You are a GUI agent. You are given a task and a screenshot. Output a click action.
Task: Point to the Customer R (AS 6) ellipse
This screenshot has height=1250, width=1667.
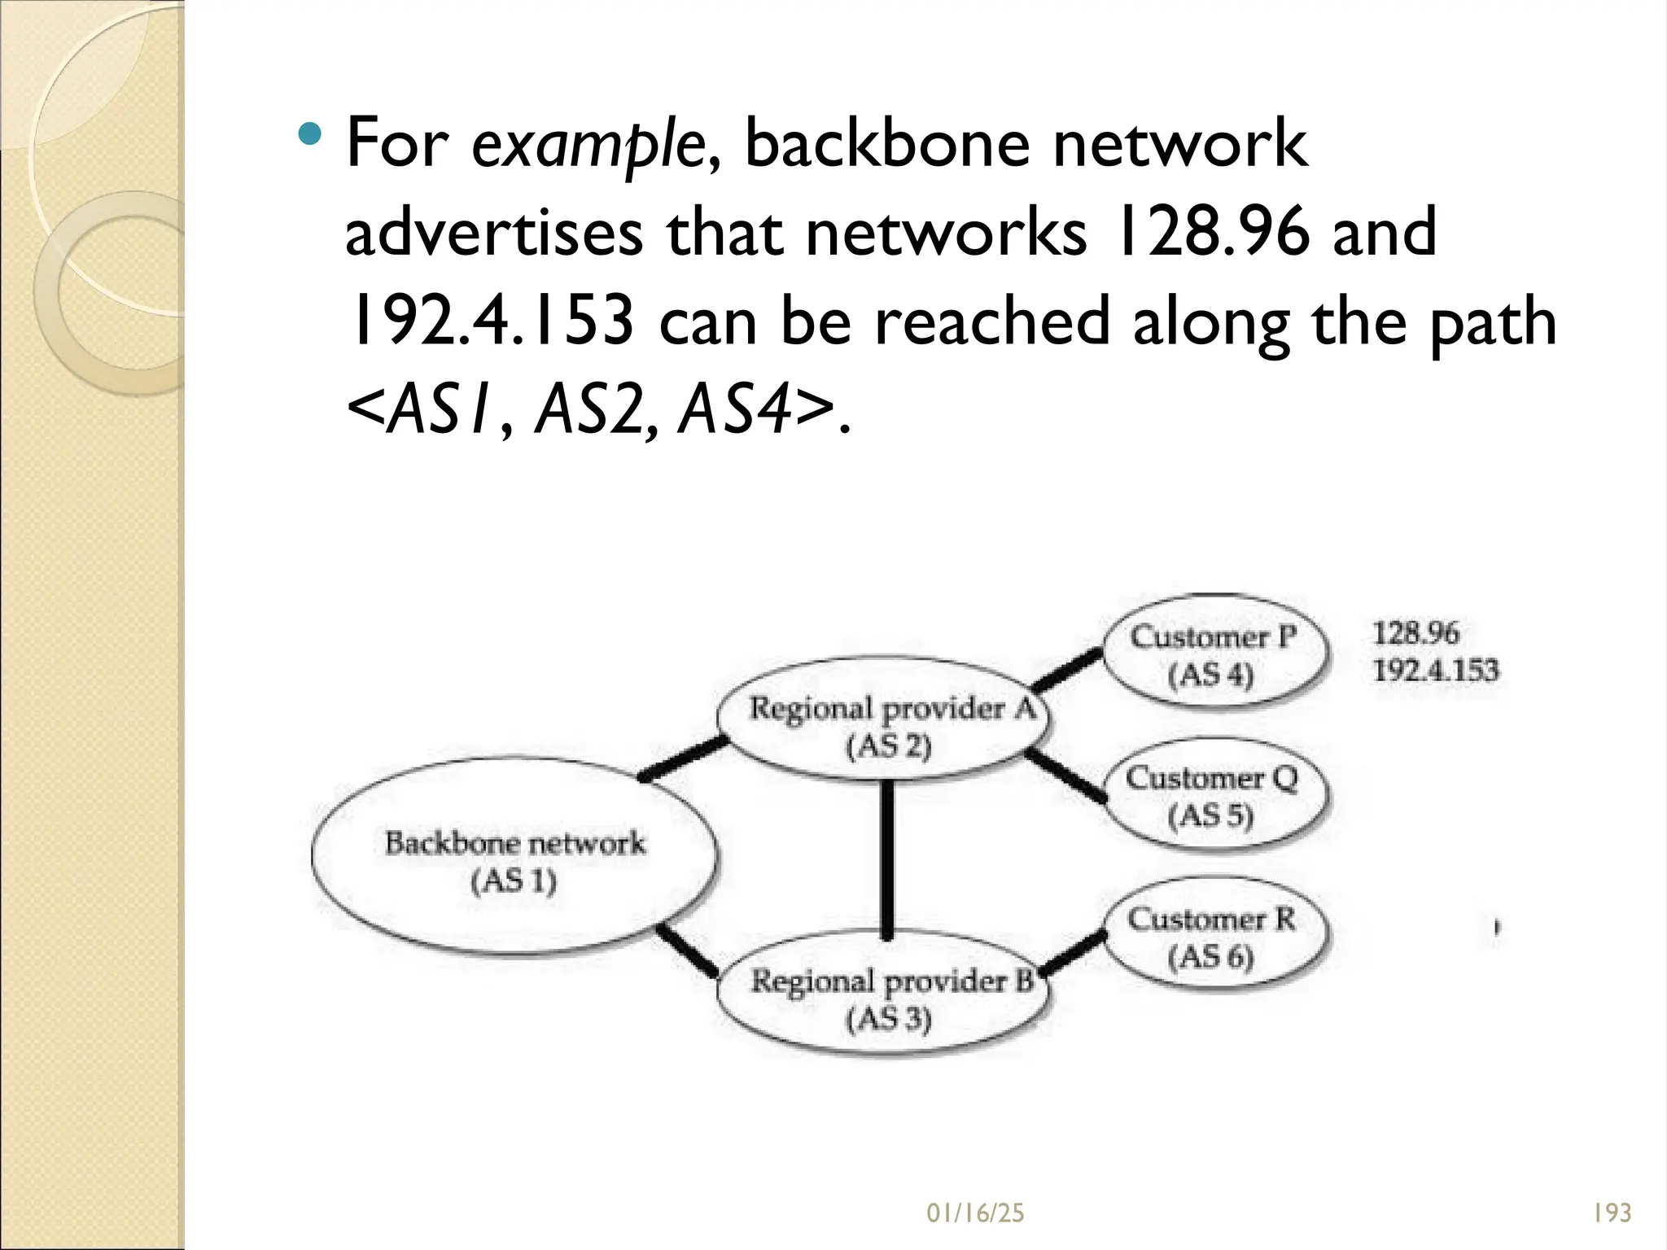pyautogui.click(x=1213, y=936)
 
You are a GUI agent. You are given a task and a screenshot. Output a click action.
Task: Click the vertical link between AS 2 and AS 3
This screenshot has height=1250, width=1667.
pyautogui.click(x=887, y=859)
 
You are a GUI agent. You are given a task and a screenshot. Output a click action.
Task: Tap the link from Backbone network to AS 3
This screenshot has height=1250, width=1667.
pyautogui.click(x=688, y=950)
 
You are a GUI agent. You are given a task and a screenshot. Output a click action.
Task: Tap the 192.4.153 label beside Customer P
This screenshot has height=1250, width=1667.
pyautogui.click(x=1435, y=671)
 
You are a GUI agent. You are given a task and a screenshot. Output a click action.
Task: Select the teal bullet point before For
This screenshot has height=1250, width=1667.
pyautogui.click(x=309, y=133)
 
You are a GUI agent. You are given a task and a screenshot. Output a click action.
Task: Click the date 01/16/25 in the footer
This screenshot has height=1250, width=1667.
pyautogui.click(x=975, y=1213)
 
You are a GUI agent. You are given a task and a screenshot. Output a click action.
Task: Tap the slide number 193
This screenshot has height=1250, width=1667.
pyautogui.click(x=1612, y=1213)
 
